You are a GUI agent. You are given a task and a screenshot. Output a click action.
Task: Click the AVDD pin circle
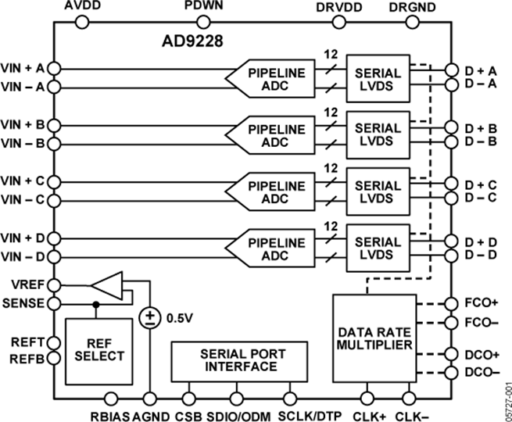pyautogui.click(x=81, y=22)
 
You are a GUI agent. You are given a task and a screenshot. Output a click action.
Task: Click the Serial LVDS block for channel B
pyautogui.click(x=378, y=133)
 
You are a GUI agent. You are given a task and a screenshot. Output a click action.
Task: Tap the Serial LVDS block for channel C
pyautogui.click(x=378, y=190)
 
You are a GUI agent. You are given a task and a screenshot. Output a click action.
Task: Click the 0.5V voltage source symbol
pyautogui.click(x=148, y=317)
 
